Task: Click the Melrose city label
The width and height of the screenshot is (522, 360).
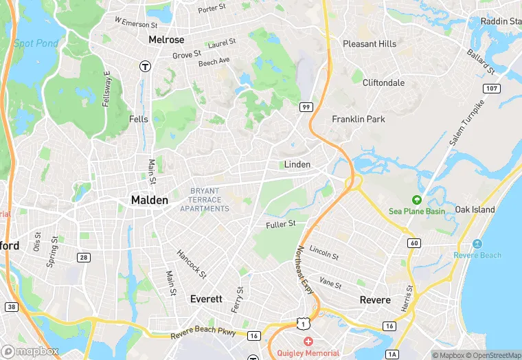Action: [166, 40]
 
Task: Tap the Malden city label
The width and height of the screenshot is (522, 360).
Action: [149, 200]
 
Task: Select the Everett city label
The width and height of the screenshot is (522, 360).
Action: [206, 299]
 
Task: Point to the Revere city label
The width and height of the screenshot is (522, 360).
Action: [375, 300]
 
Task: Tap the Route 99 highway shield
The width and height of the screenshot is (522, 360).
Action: [306, 106]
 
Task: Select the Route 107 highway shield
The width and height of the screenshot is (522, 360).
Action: [490, 88]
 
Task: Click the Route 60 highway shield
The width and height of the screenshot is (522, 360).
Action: [413, 243]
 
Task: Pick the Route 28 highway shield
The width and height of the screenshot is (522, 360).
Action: [84, 257]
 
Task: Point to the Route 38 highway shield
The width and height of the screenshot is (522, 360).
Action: [10, 306]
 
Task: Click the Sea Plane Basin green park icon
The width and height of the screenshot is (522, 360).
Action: [416, 200]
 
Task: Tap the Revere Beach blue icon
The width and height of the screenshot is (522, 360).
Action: [477, 245]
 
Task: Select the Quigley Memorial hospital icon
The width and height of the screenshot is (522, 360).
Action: [308, 341]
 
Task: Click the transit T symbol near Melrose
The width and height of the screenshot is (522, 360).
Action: [145, 66]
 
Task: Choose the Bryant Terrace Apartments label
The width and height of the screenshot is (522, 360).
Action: [205, 199]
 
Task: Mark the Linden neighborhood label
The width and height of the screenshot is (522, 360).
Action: [297, 164]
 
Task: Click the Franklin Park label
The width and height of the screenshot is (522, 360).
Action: [359, 119]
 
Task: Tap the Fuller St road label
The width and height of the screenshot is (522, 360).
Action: [280, 224]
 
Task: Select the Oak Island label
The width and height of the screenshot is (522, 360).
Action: [475, 210]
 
